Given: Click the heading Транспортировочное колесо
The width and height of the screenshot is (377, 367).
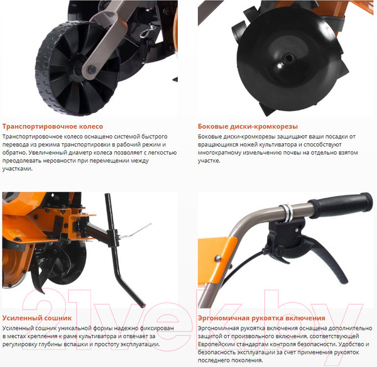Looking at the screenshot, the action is click(53, 126).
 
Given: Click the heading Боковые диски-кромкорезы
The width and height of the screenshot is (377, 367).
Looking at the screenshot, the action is click(248, 126).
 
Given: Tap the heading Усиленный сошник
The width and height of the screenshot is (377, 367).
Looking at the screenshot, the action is click(37, 318).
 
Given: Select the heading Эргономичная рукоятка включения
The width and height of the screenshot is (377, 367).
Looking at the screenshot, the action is click(261, 318).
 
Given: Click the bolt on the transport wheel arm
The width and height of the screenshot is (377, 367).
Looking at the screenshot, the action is click(92, 70).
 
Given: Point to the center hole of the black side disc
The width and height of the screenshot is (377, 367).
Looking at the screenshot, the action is click(288, 58).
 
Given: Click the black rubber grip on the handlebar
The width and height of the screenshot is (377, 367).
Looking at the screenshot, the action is click(341, 205).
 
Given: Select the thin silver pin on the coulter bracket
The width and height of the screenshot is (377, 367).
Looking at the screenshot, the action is click(135, 231).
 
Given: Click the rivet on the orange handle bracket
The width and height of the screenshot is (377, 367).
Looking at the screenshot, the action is click(218, 258).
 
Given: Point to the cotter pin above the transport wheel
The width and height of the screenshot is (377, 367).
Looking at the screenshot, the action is click(146, 31).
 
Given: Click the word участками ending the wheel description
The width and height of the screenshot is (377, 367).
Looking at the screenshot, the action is click(18, 169).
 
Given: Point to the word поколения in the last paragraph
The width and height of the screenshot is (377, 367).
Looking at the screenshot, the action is click(249, 361).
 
